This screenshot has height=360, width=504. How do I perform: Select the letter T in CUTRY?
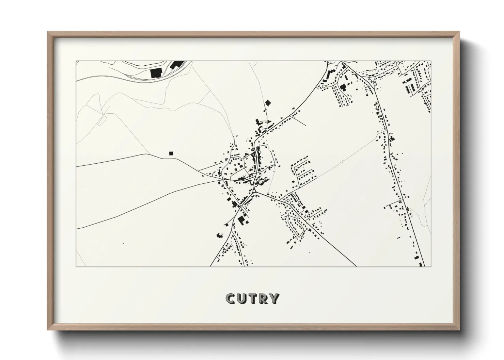(x=253, y=299)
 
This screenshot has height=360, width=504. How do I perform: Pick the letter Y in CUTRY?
(x=274, y=299)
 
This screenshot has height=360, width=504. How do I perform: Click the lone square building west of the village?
(x=171, y=153)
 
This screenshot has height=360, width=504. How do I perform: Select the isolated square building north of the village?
(x=268, y=102)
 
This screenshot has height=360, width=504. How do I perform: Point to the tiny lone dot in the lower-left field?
(x=123, y=243)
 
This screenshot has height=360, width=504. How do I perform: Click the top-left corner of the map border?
(x=76, y=61)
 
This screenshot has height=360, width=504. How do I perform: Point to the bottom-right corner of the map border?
(x=431, y=266)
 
